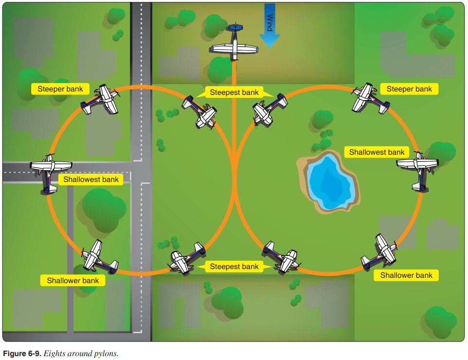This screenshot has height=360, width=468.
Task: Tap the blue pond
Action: click(329, 181)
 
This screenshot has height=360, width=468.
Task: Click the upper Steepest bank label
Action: click(234, 92)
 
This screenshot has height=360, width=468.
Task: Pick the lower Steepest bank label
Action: click(234, 267)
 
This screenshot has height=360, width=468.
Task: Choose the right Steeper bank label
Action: click(409, 89)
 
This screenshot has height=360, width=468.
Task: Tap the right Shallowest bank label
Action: click(377, 152)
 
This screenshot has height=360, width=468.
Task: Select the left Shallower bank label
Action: click(72, 280)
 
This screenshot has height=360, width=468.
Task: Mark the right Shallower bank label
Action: click(406, 275)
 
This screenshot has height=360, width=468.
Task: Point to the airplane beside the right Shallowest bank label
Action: click(418, 169)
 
